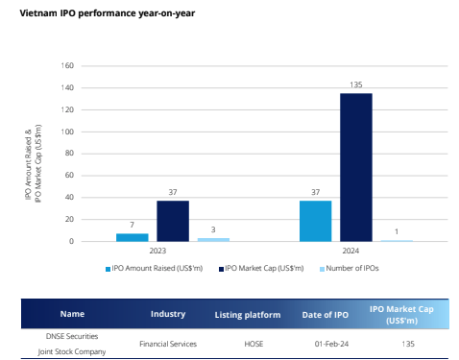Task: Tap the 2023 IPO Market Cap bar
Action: (x=173, y=221)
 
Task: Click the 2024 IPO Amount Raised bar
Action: (x=315, y=221)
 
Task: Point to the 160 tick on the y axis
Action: (x=67, y=66)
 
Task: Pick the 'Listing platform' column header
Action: (x=248, y=314)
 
